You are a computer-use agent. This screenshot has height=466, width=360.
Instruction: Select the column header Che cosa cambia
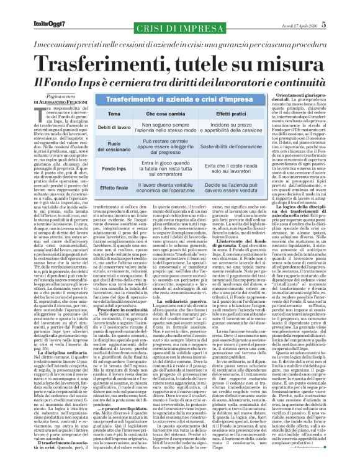pyautogui.click(x=160, y=115)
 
